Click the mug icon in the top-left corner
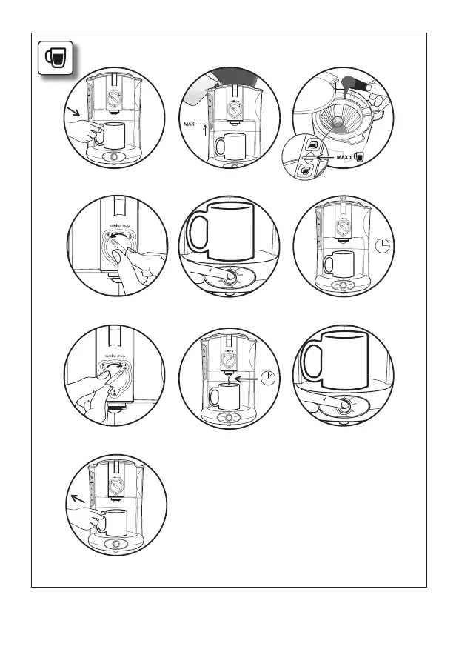(x=55, y=58)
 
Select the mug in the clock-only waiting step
(x=337, y=263)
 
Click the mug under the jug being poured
(x=230, y=144)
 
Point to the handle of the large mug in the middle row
(x=196, y=232)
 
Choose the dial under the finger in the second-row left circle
(x=116, y=247)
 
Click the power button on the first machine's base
(x=114, y=156)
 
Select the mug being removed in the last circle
(x=113, y=523)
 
